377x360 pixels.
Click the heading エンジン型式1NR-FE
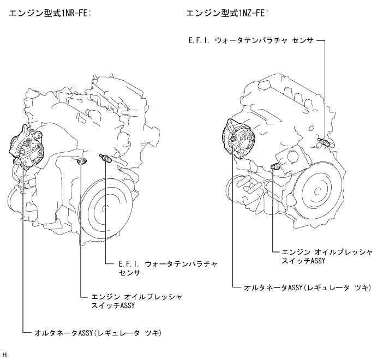pyautogui.click(x=50, y=13)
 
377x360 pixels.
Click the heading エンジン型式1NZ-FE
pyautogui.click(x=227, y=13)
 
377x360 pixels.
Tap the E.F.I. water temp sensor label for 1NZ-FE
pyautogui.click(x=252, y=40)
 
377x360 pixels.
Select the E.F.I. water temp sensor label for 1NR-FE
pyautogui.click(x=168, y=268)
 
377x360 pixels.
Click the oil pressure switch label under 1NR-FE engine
pyautogui.click(x=136, y=301)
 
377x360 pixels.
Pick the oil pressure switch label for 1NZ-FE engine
pyautogui.click(x=327, y=256)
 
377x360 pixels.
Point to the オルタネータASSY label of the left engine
pyautogui.click(x=98, y=333)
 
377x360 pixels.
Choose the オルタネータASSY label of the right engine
pyautogui.click(x=308, y=287)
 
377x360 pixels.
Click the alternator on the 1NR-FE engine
pyautogui.click(x=27, y=148)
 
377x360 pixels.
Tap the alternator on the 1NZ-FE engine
pyautogui.click(x=239, y=138)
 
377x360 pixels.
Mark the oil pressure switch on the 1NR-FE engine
pyautogui.click(x=81, y=161)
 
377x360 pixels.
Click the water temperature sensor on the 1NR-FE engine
pyautogui.click(x=105, y=158)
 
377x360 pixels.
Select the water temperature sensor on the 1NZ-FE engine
pyautogui.click(x=324, y=142)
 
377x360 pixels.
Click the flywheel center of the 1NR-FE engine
pyautogui.click(x=104, y=208)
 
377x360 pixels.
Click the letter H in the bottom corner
pyautogui.click(x=4, y=355)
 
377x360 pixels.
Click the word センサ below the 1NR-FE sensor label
pyautogui.click(x=130, y=273)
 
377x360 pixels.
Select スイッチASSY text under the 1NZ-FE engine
pyautogui.click(x=304, y=261)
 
